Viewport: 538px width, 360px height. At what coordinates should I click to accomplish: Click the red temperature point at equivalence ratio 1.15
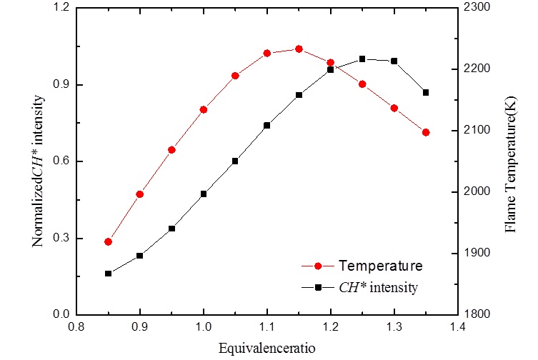[x=299, y=49]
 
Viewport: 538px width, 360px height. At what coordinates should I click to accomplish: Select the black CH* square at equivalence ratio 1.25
[x=362, y=59]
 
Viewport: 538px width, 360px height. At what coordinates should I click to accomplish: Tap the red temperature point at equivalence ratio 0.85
[x=108, y=241]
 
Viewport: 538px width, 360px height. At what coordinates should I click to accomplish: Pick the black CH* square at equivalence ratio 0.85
[x=108, y=274]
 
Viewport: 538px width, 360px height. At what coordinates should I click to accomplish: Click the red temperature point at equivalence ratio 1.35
[x=426, y=132]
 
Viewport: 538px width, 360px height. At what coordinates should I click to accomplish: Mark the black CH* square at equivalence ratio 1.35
[x=426, y=92]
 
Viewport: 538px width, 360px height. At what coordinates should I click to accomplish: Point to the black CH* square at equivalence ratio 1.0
[x=204, y=194]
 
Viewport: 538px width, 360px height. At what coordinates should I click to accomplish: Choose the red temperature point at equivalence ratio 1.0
[x=204, y=109]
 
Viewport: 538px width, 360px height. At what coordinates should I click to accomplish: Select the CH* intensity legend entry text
[x=378, y=288]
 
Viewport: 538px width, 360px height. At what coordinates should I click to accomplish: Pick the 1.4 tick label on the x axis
[x=457, y=326]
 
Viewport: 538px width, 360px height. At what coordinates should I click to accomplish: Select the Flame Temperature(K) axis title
[x=511, y=161]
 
